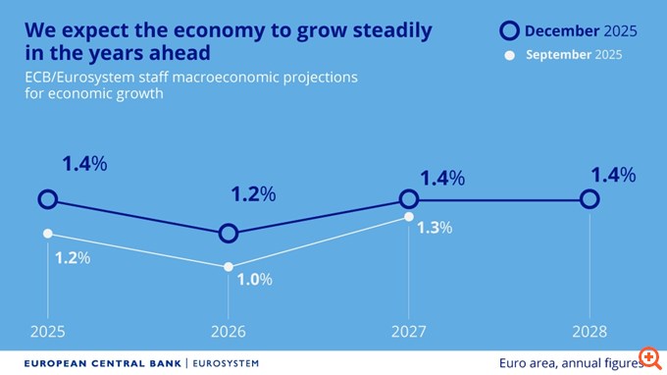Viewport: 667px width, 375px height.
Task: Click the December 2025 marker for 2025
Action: click(47, 199)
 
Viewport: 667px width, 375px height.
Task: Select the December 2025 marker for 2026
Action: click(228, 233)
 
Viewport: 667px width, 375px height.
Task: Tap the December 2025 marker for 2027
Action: click(408, 199)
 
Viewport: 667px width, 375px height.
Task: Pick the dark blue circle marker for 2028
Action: click(590, 199)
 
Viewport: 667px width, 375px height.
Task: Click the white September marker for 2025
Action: click(47, 234)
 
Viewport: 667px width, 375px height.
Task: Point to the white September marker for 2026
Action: click(228, 267)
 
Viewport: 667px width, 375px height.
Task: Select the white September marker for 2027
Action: click(408, 217)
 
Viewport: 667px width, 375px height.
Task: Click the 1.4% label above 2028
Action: click(613, 176)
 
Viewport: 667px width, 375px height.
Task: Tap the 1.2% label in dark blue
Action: click(252, 194)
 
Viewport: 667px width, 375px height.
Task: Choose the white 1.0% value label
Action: click(254, 279)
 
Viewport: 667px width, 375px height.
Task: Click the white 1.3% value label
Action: click(435, 228)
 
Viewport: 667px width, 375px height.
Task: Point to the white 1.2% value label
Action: click(73, 258)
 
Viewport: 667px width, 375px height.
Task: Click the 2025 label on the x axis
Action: click(47, 332)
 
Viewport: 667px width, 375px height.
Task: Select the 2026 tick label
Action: click(228, 332)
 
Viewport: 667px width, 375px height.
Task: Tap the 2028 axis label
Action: click(590, 332)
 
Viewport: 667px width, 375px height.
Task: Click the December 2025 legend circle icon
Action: click(509, 31)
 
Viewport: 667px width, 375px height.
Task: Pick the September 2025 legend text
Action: click(573, 55)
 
